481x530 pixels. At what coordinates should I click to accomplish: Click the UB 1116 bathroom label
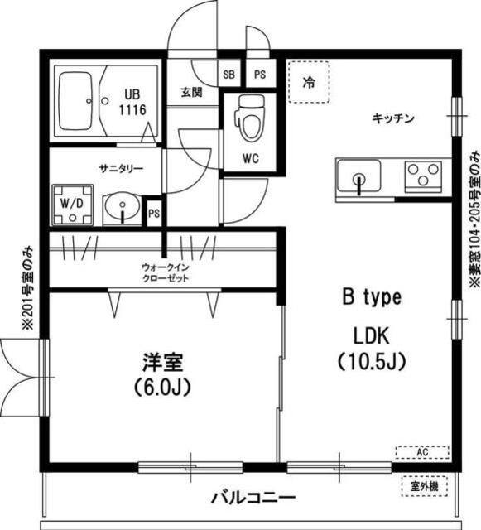point(132,101)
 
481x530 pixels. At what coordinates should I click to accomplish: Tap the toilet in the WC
point(247,118)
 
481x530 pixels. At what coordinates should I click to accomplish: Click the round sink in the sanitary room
point(123,206)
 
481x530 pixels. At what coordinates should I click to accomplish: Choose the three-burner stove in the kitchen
point(424,176)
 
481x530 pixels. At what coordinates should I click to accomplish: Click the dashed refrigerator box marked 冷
point(308,82)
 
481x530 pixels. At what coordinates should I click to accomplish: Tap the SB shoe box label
point(228,73)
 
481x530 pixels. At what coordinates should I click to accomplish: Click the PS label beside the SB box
point(259,73)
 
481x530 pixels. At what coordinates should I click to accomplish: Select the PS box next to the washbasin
point(153,213)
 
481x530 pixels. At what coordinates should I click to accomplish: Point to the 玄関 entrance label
point(192,92)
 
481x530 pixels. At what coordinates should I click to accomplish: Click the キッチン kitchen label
point(392,118)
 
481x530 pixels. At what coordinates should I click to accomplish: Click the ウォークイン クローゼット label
point(165,272)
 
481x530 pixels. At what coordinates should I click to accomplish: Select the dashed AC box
point(422,452)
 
